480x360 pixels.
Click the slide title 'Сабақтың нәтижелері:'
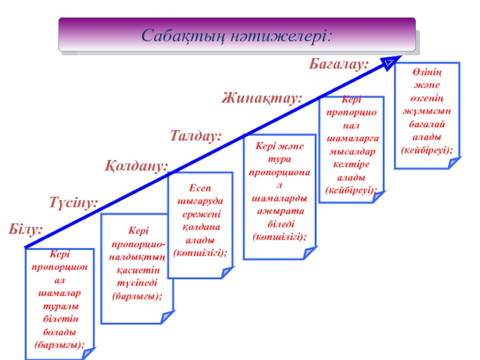tap(236, 35)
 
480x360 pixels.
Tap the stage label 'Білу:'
tap(26, 229)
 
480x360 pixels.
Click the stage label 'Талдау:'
tap(196, 136)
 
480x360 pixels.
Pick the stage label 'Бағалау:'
tap(338, 64)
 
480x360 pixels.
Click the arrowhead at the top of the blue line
tap(389, 61)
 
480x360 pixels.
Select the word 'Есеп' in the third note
tap(199, 188)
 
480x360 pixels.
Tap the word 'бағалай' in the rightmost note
tap(427, 124)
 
